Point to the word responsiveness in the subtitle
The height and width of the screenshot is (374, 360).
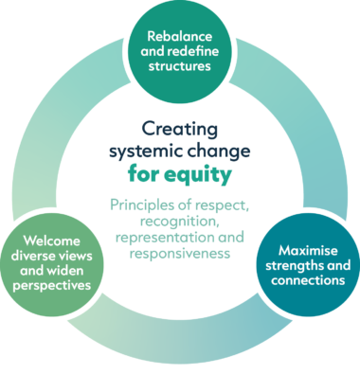coord(182,254)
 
